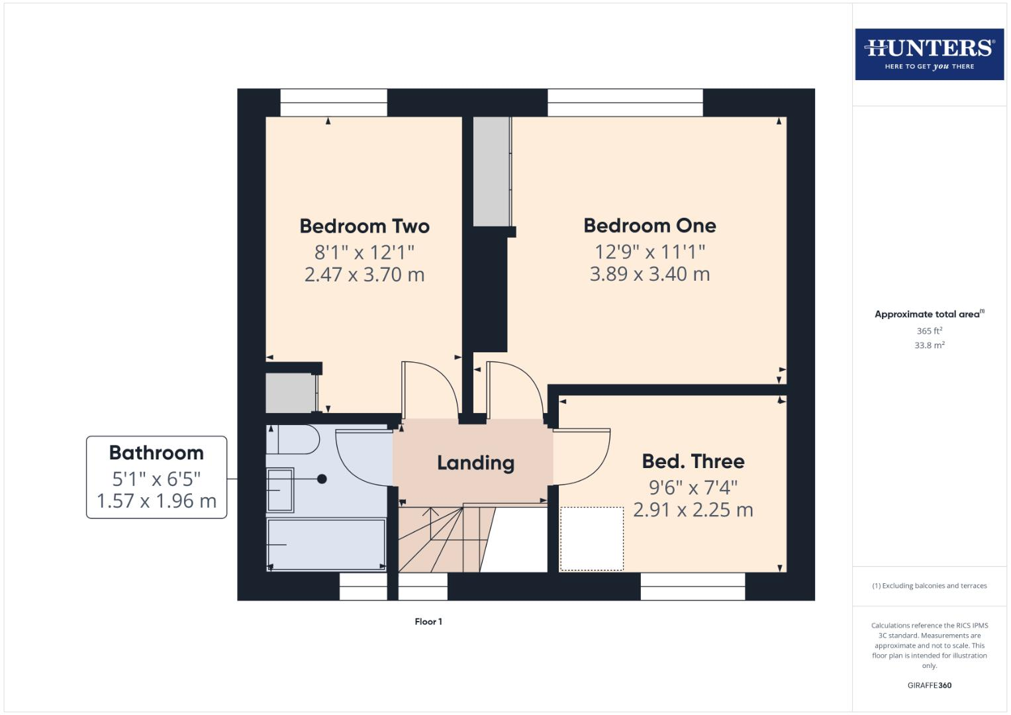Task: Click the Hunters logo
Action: pyautogui.click(x=929, y=54)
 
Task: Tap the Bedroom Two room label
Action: pyautogui.click(x=364, y=226)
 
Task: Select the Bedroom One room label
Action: pyautogui.click(x=650, y=226)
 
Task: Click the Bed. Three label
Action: pyautogui.click(x=693, y=461)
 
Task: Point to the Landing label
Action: pyautogui.click(x=475, y=463)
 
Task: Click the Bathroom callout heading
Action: pyautogui.click(x=156, y=453)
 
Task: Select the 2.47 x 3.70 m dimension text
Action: pyautogui.click(x=364, y=275)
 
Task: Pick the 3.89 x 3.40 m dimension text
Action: pyautogui.click(x=650, y=274)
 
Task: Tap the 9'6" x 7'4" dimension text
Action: pyautogui.click(x=693, y=488)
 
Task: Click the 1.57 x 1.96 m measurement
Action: pyautogui.click(x=156, y=501)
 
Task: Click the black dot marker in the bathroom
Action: pyautogui.click(x=322, y=479)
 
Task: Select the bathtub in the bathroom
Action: pyautogui.click(x=326, y=544)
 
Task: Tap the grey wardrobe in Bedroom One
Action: pyautogui.click(x=491, y=171)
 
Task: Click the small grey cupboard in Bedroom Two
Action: pyautogui.click(x=290, y=393)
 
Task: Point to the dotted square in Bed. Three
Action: pyautogui.click(x=592, y=538)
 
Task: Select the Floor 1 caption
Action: pyautogui.click(x=428, y=622)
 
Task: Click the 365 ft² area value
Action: pyautogui.click(x=929, y=331)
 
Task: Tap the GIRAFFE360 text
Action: pyautogui.click(x=929, y=685)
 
